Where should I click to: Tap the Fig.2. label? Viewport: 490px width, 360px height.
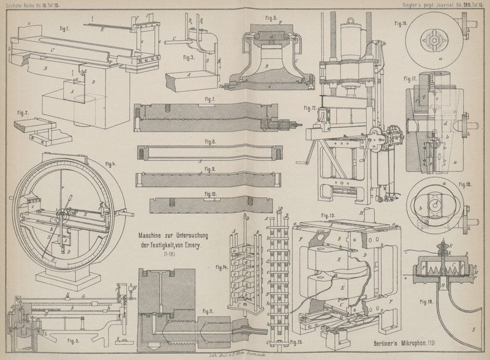[23, 113]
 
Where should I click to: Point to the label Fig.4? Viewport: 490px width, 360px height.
[111, 163]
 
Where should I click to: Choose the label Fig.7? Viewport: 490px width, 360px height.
[209, 99]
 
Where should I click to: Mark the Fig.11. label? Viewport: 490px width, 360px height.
[206, 312]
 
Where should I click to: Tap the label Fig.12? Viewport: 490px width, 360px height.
[310, 108]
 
